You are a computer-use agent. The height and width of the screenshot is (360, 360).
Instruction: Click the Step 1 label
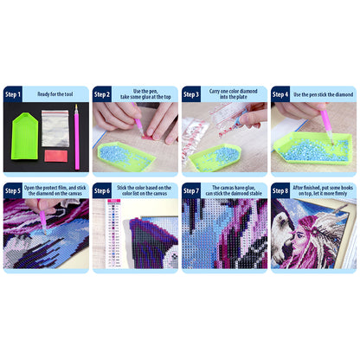(x=14, y=93)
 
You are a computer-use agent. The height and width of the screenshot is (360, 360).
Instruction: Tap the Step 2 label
(x=102, y=93)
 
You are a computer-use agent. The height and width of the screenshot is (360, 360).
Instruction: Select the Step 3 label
(x=191, y=93)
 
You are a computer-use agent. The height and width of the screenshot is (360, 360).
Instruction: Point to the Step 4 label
(x=280, y=93)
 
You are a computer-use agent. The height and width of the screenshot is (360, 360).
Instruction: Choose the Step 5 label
(x=14, y=190)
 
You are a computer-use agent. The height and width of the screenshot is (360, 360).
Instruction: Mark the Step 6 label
(x=102, y=190)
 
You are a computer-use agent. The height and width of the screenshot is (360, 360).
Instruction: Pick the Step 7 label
(x=191, y=190)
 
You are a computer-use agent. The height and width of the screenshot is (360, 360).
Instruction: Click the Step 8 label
(x=280, y=190)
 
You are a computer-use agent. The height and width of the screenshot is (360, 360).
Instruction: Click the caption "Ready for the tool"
(x=55, y=93)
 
